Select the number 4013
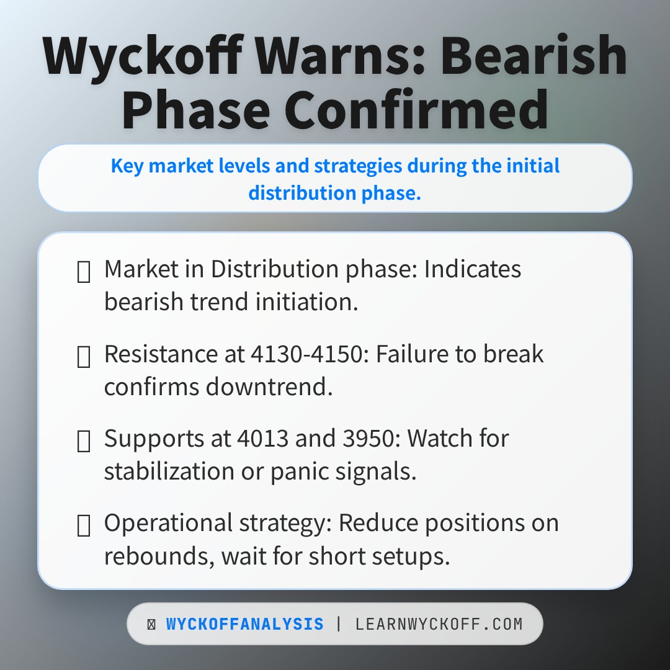263,438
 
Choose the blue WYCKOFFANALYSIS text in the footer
245,624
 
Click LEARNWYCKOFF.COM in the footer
439,624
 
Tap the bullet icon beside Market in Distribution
83,272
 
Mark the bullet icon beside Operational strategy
83,525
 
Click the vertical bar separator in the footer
339,624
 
